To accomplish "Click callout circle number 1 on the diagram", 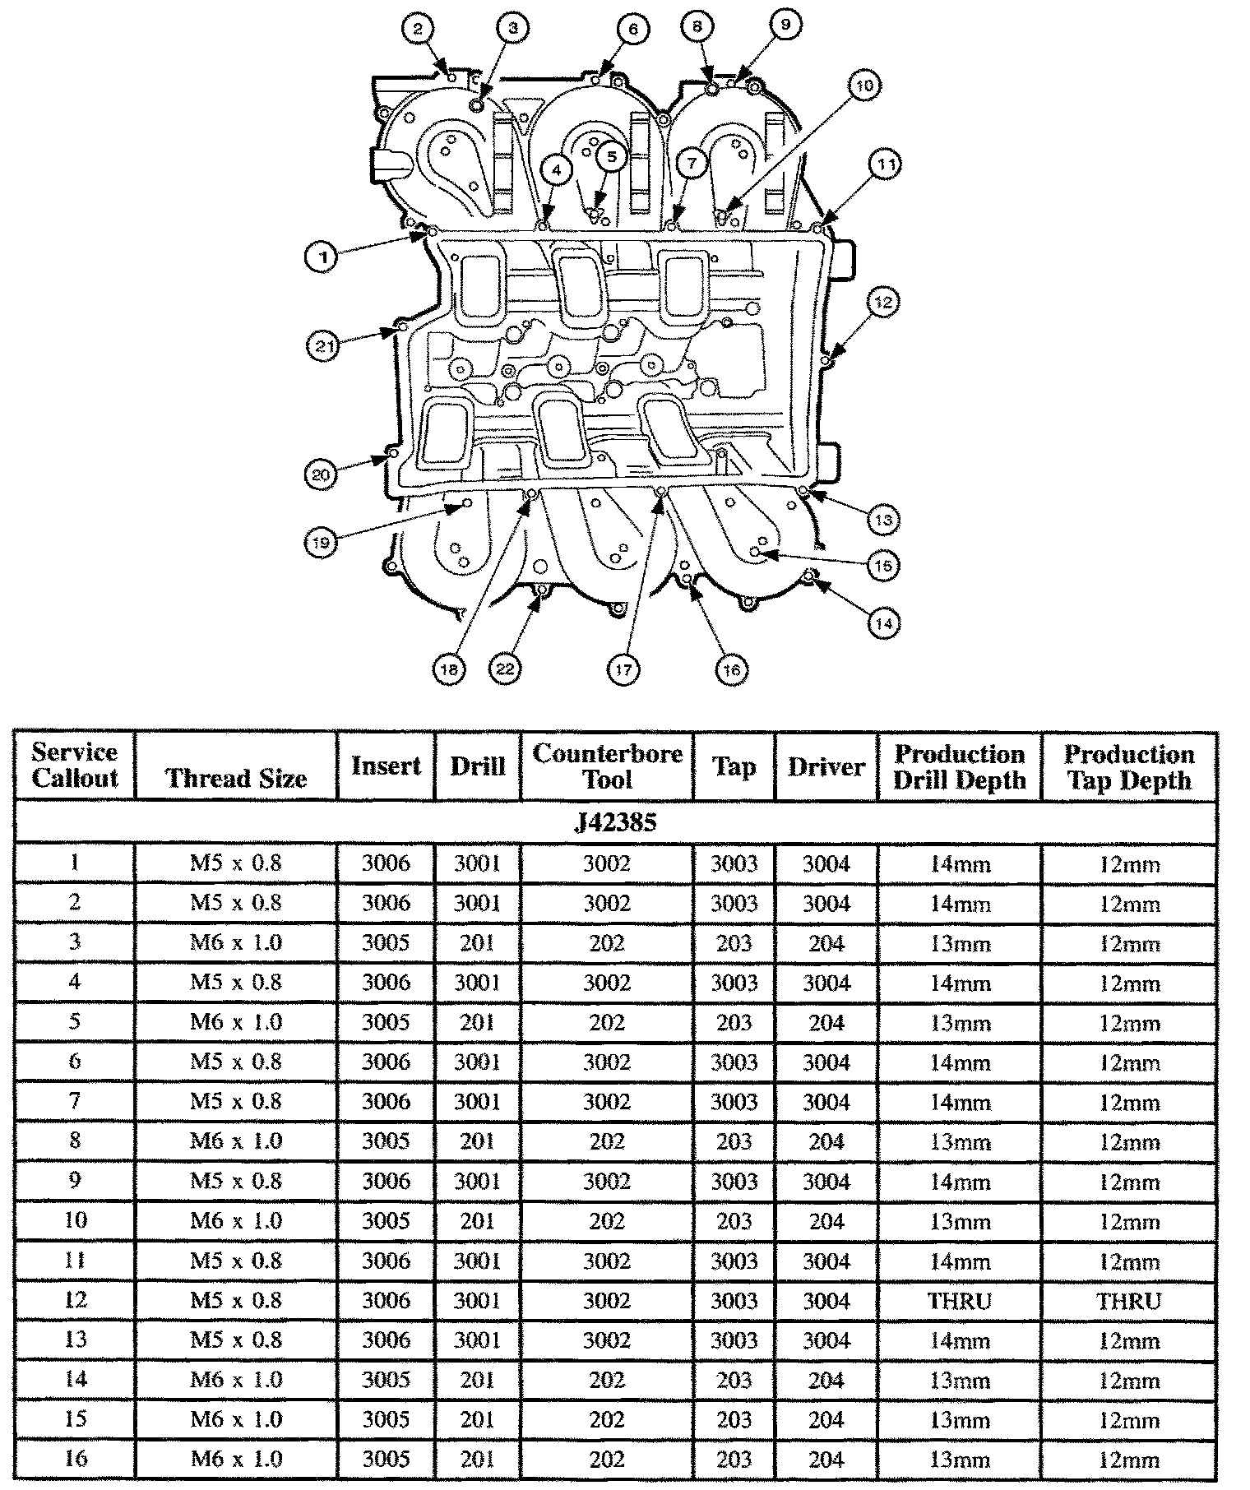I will (323, 257).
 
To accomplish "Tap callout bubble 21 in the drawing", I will (323, 346).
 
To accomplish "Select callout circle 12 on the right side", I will (882, 302).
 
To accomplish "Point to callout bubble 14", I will (883, 623).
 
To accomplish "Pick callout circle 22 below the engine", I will (505, 669).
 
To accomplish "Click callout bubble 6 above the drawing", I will (632, 30).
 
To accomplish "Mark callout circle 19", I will (322, 543).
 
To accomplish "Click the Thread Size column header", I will (236, 778).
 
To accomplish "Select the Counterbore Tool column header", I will (607, 766).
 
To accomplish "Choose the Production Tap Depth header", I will (1128, 766).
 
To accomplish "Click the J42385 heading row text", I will (615, 823).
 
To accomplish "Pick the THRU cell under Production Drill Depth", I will (960, 1301).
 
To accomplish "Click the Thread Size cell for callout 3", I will (236, 942).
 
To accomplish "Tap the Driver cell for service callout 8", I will (826, 1141).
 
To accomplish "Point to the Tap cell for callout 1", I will (734, 863).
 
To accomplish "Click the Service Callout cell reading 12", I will (75, 1300).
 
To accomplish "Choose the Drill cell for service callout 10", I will (477, 1221).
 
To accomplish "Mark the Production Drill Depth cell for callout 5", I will (960, 1023).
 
